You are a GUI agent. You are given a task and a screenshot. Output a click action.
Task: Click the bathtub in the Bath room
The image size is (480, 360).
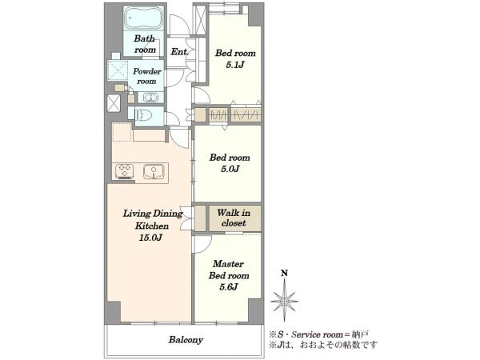[143, 18]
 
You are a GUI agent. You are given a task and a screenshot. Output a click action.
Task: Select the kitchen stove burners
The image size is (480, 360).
[124, 171]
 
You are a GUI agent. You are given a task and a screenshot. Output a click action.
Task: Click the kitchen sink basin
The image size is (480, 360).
[154, 171]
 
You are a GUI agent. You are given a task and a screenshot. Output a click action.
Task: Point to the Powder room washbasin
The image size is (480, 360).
[151, 98]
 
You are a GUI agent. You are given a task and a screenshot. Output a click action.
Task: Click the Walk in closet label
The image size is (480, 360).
[234, 218]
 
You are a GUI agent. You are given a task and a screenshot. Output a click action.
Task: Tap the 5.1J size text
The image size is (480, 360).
[235, 65]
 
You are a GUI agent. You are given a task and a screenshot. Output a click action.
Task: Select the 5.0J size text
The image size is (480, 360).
[230, 169]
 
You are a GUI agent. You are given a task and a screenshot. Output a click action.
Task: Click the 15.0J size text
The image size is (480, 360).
[150, 238]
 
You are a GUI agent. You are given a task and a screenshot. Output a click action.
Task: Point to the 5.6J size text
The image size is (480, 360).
[229, 287]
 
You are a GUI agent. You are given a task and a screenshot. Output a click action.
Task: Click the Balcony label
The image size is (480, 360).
[186, 340]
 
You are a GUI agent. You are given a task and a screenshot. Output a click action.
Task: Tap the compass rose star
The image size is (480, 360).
[284, 301]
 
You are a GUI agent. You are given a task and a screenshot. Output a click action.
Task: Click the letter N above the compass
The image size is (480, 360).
[284, 273]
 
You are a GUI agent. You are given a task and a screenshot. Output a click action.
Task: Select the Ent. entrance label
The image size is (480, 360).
[179, 52]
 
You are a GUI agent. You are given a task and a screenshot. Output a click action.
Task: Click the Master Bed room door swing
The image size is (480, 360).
[202, 245]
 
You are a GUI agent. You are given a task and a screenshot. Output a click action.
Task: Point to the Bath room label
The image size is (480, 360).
[145, 44]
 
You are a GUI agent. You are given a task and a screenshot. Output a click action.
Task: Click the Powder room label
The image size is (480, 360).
[146, 76]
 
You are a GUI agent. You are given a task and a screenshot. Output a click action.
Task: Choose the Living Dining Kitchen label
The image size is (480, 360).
[152, 219]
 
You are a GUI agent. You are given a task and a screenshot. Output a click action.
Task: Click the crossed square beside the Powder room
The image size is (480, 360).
[118, 70]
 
